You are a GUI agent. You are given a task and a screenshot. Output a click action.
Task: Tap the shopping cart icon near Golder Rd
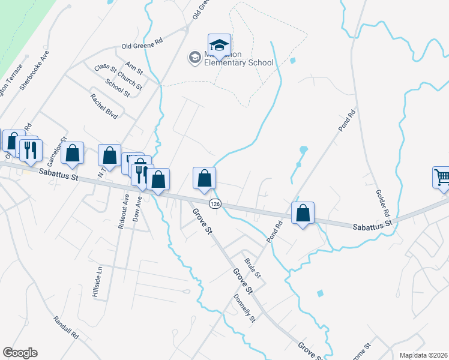coord(441,177)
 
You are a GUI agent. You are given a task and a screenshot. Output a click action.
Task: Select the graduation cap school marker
coord(219,44)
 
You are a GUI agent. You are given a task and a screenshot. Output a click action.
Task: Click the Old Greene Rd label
coord(142,45)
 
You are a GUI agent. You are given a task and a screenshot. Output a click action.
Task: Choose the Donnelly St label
coord(244,307)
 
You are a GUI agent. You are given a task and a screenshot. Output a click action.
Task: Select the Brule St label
coord(252,268)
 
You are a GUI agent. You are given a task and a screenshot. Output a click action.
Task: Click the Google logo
coord(20,353)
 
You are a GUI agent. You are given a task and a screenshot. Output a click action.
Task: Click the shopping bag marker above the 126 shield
coord(204,178)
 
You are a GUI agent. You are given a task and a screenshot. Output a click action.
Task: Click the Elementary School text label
coord(239,62)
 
